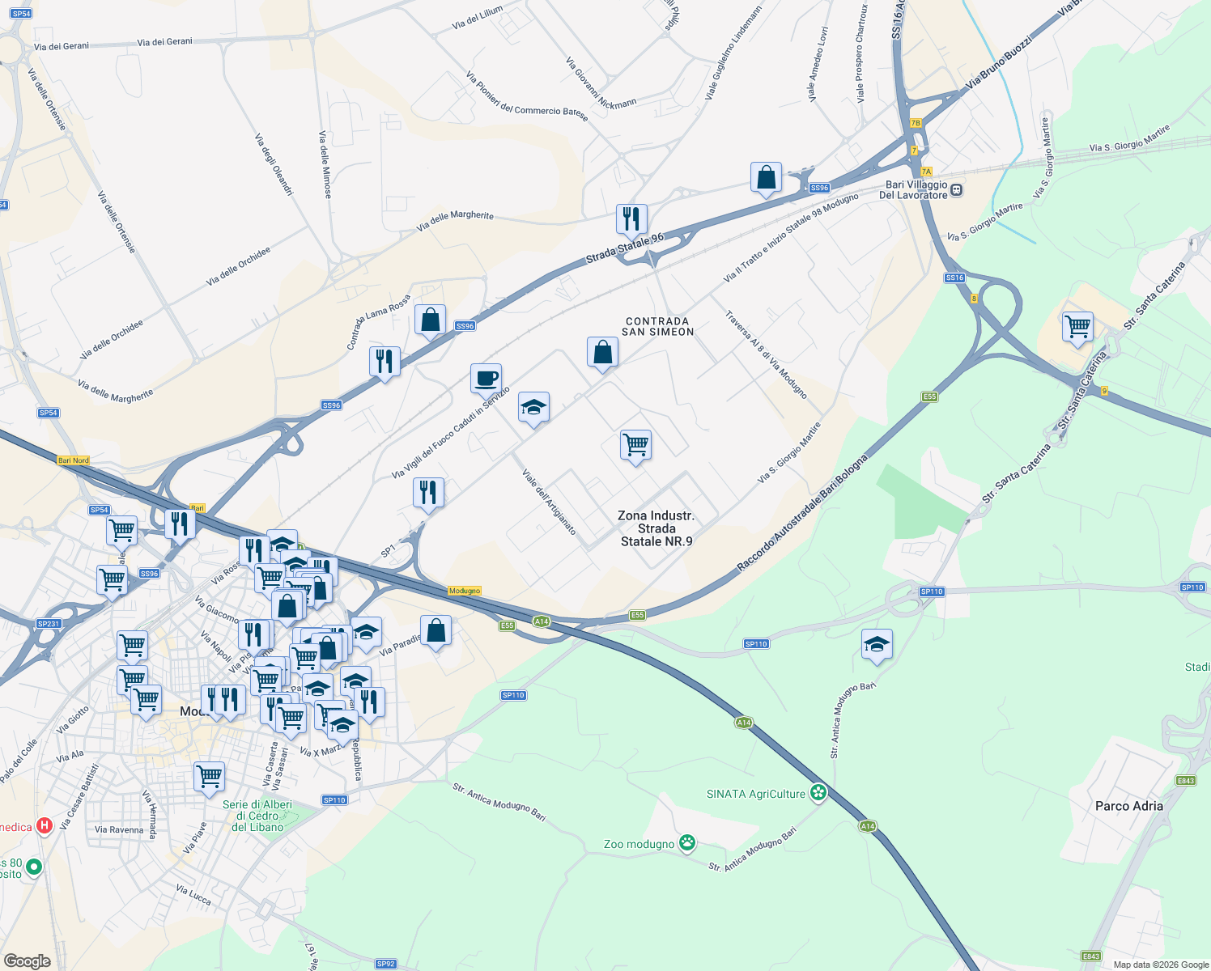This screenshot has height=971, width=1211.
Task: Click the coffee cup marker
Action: (x=486, y=379)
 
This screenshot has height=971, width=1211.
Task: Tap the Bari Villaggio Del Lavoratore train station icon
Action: (x=956, y=190)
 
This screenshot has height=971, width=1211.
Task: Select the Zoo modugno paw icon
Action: (x=687, y=843)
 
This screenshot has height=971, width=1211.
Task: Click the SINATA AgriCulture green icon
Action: (x=818, y=793)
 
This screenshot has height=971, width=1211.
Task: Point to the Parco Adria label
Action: (x=1128, y=806)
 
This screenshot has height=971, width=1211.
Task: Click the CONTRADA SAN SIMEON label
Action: (x=657, y=327)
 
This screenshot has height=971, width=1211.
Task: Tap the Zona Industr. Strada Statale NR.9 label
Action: (x=656, y=528)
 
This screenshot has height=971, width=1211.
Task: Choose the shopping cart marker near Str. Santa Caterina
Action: (x=1077, y=328)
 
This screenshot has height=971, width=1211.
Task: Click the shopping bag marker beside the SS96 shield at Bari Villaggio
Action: (x=766, y=177)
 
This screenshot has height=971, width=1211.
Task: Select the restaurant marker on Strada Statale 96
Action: (x=631, y=219)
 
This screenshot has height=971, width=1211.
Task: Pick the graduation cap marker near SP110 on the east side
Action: (x=877, y=645)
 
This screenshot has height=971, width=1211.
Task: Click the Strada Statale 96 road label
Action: (x=624, y=248)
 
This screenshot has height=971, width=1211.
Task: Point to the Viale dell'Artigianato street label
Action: (x=549, y=502)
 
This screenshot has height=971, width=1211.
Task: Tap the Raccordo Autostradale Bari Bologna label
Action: (x=802, y=513)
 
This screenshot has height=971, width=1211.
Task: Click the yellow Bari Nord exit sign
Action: (x=74, y=460)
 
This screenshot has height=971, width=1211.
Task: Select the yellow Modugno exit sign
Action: (x=465, y=591)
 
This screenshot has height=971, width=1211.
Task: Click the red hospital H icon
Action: (x=45, y=826)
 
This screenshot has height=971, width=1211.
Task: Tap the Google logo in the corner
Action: (x=28, y=961)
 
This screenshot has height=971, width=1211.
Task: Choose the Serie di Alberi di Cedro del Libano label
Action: (x=257, y=816)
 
